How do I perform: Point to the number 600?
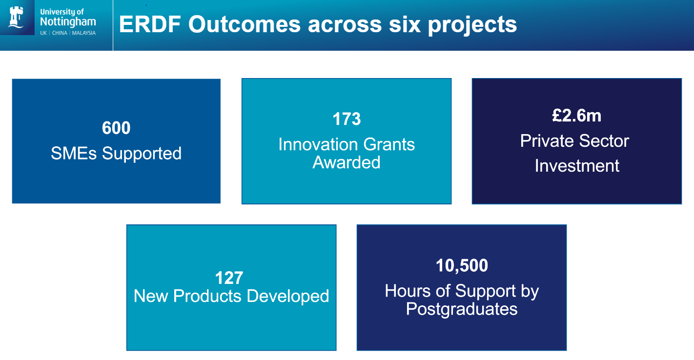click(x=116, y=128)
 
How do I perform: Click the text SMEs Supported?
click(x=116, y=153)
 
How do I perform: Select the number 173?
click(x=347, y=119)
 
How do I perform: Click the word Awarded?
click(x=347, y=162)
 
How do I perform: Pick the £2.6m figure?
click(x=576, y=116)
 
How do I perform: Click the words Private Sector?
click(x=574, y=141)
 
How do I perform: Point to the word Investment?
click(x=577, y=166)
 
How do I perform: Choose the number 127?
click(x=229, y=278)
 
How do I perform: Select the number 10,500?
click(x=462, y=265)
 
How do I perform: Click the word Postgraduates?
click(x=462, y=309)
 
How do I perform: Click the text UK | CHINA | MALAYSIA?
click(x=68, y=33)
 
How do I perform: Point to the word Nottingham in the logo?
click(x=68, y=21)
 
